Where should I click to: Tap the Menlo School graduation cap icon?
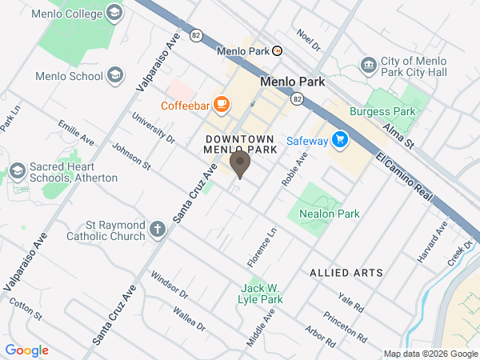point(114,76)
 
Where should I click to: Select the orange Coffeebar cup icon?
point(221,105)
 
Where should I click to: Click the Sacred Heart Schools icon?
point(17,172)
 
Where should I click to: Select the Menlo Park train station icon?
point(277,50)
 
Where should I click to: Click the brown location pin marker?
point(240,165)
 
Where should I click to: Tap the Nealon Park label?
point(329,214)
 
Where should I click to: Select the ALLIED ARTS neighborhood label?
point(346,273)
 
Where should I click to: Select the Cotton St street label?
point(26,311)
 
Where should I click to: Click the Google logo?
point(26,350)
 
